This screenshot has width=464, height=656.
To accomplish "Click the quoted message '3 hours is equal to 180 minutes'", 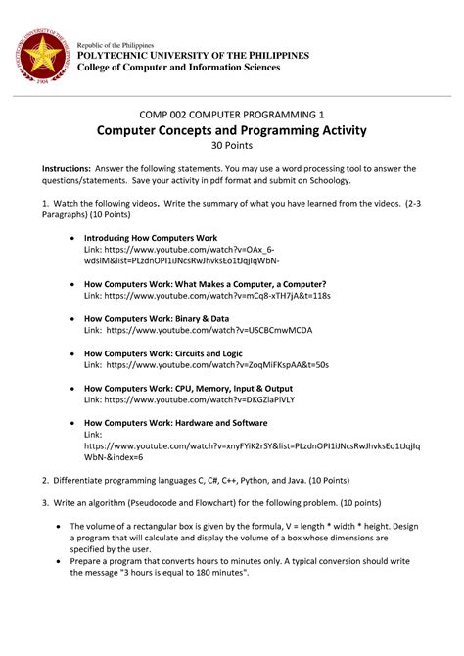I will (181, 573).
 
